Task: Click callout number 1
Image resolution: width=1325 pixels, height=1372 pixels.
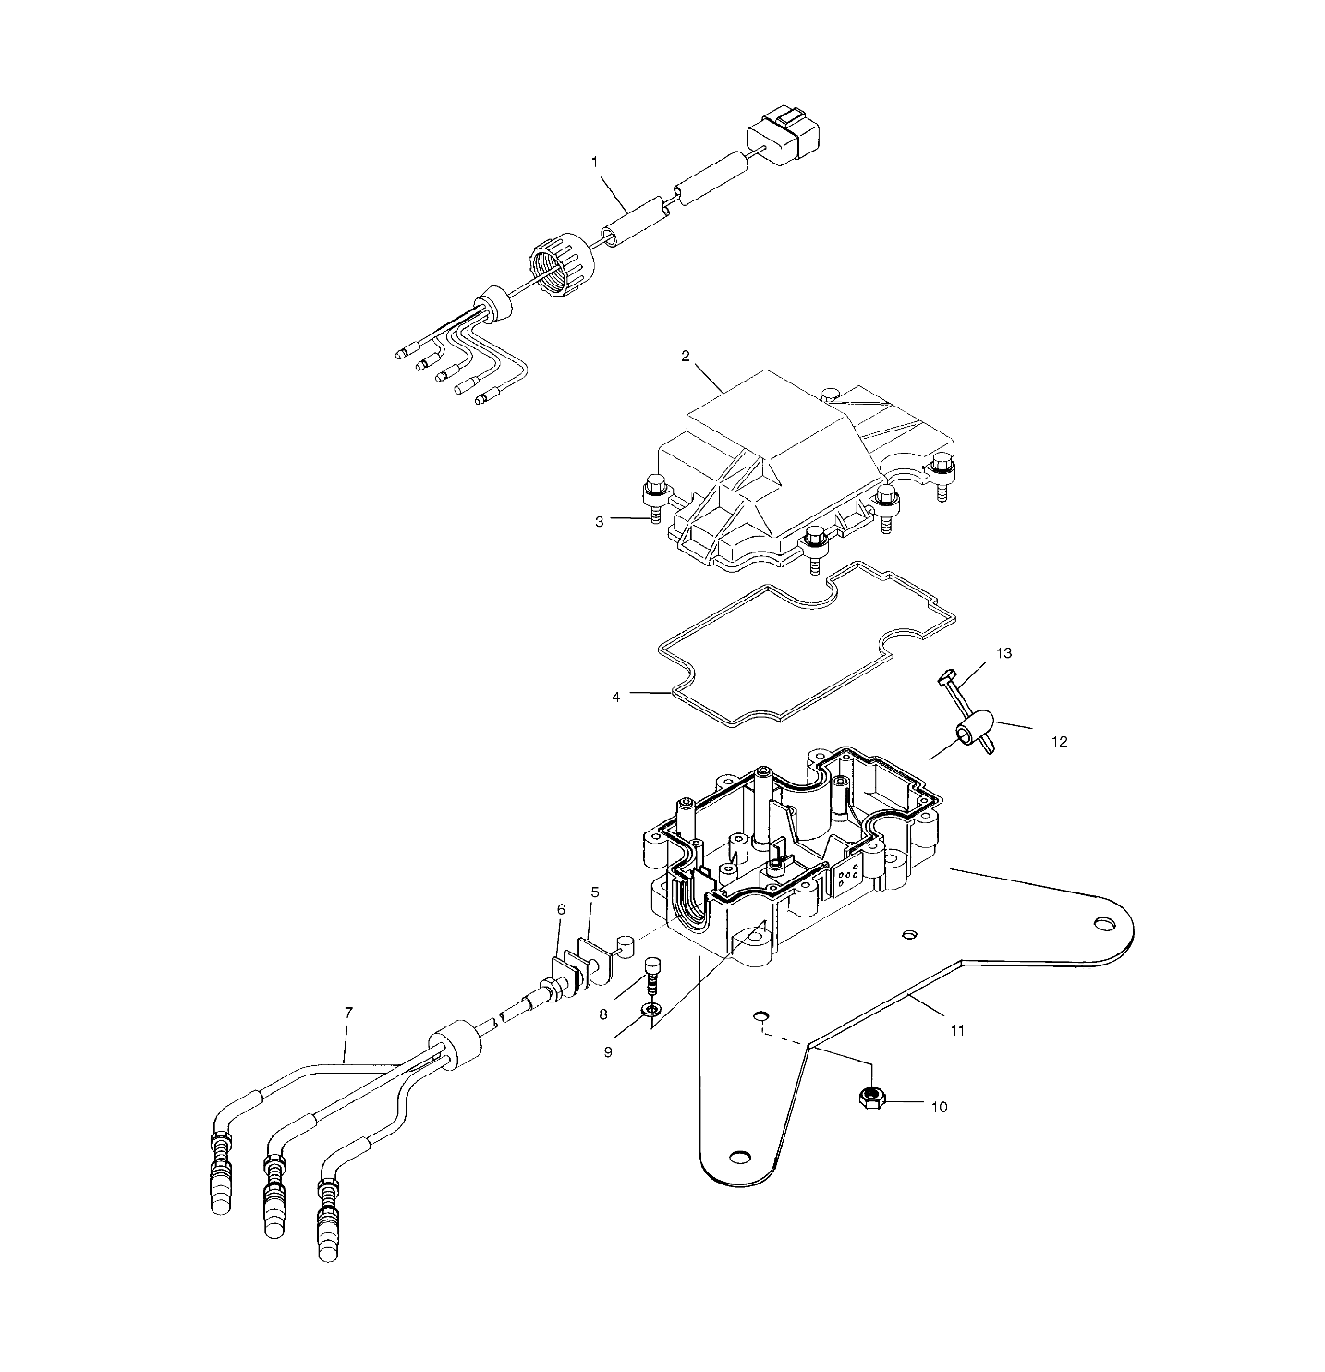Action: coord(595,162)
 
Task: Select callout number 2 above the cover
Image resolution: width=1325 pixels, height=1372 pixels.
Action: coord(686,356)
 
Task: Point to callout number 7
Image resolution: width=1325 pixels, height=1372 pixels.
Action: coord(348,1013)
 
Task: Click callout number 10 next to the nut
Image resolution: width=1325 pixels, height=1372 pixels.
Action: coord(939,1107)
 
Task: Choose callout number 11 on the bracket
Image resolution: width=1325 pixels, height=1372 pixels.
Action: coord(958,1030)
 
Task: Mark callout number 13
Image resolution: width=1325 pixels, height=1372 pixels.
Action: coord(1003,653)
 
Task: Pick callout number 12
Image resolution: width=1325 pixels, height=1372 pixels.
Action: coord(1060,741)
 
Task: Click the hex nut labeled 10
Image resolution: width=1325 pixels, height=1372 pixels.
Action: coord(869,1098)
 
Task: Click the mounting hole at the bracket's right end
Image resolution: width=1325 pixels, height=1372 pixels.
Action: coord(1103,924)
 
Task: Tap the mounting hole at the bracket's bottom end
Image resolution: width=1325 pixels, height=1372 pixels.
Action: coord(739,1157)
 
